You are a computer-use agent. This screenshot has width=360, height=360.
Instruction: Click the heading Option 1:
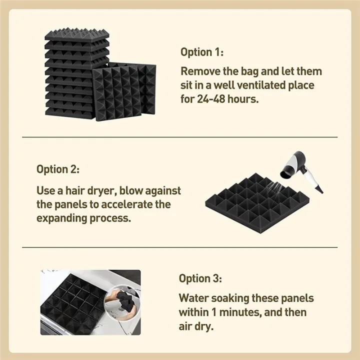tap(202, 52)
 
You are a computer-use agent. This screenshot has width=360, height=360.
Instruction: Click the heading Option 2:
tap(58, 169)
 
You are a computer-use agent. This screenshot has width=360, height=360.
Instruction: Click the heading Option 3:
tap(200, 278)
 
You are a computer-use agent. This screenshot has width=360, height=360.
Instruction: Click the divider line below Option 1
tap(180, 137)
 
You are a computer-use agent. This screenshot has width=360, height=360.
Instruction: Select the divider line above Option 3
tap(180, 247)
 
